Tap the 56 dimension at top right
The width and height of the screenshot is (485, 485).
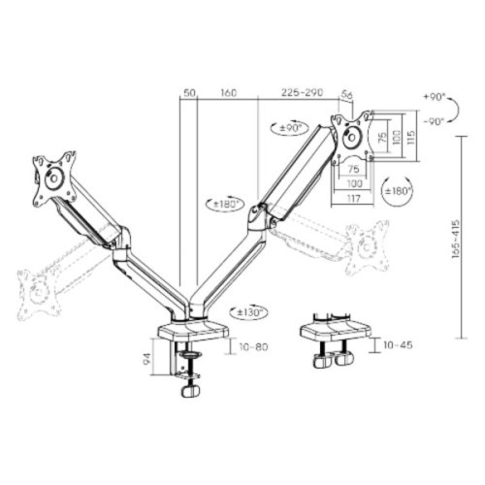[x=347, y=93]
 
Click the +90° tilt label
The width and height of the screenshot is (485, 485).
[x=436, y=98]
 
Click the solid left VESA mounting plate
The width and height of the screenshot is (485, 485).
[x=52, y=178]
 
